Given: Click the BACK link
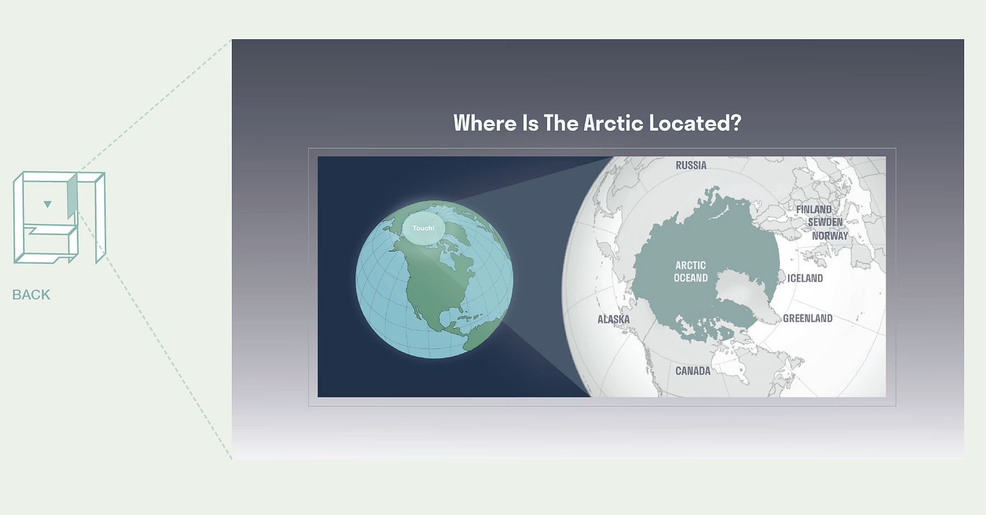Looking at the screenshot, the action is click(31, 295).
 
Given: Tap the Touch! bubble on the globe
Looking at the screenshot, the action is click(423, 228).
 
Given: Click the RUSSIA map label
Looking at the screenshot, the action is click(691, 165).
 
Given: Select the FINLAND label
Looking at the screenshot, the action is click(814, 209).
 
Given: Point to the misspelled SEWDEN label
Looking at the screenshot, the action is click(825, 222).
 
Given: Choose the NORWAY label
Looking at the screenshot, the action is click(830, 236).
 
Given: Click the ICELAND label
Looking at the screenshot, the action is click(805, 278).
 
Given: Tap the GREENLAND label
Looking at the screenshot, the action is click(808, 318).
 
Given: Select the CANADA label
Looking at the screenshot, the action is click(693, 371).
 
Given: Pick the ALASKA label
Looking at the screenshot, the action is click(613, 319).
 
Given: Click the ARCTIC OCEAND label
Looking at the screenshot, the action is click(691, 271).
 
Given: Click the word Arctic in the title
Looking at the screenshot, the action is click(614, 123).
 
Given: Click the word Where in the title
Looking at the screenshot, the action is click(485, 123).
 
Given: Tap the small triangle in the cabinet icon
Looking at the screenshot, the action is click(47, 204).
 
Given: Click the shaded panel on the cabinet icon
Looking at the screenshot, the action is click(72, 196).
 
